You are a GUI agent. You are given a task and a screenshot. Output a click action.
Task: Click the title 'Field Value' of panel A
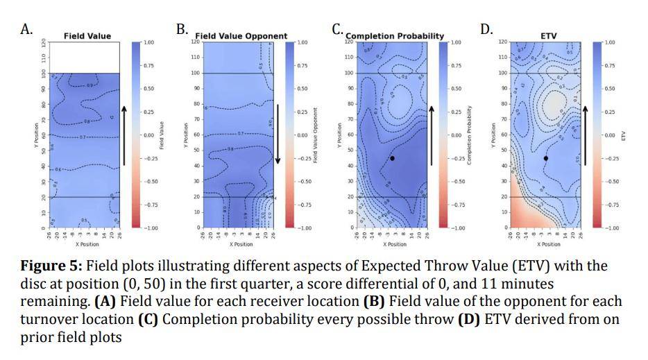[x=87, y=36]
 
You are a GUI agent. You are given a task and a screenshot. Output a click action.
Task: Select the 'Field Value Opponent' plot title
[x=241, y=36]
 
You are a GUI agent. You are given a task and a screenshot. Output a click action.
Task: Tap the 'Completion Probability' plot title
[x=395, y=36]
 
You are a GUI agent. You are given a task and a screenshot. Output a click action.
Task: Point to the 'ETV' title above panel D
[x=548, y=36]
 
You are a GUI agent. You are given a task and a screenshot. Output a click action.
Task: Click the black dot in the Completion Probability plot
[x=393, y=158]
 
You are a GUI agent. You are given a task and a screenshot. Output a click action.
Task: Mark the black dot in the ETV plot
[x=546, y=158]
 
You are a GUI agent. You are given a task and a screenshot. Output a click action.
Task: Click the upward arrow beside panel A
[x=124, y=135]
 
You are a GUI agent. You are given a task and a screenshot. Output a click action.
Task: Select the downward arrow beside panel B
[x=278, y=135]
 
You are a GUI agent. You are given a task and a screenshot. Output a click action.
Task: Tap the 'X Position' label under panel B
[x=241, y=244]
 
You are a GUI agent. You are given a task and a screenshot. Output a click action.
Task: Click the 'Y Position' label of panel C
[x=339, y=135]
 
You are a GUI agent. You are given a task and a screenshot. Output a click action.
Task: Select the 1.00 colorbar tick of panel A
[x=148, y=42]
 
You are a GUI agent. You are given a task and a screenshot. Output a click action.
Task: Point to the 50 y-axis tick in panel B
[x=196, y=151]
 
